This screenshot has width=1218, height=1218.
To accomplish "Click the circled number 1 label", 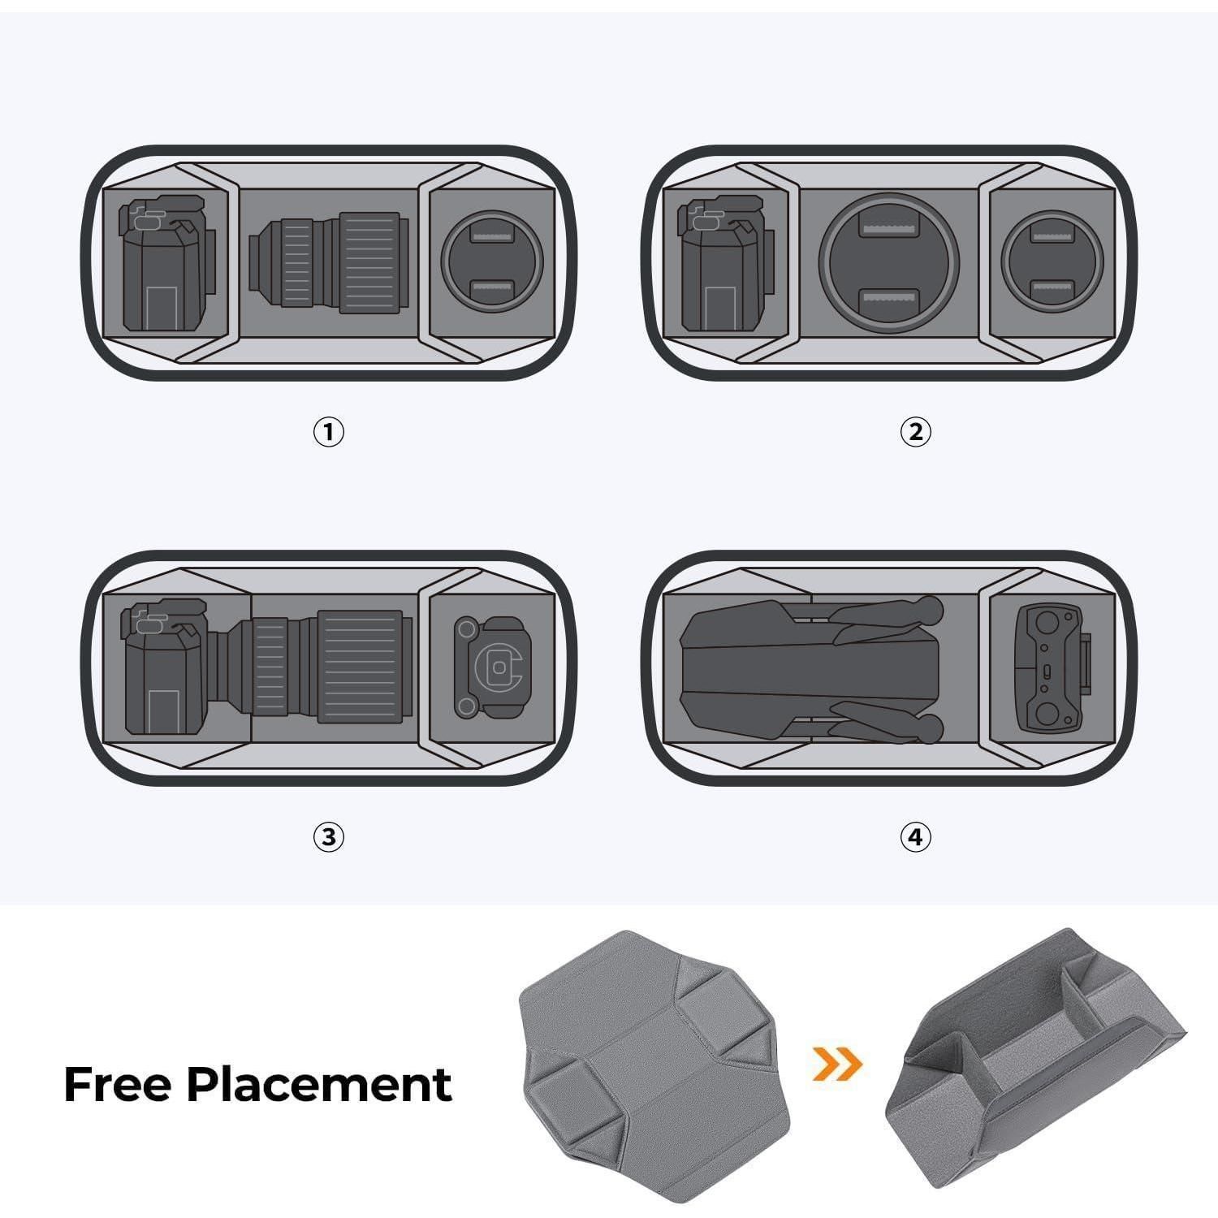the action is pyautogui.click(x=329, y=431).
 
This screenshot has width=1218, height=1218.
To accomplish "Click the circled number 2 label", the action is pyautogui.click(x=916, y=431).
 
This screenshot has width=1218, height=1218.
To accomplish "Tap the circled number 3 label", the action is pyautogui.click(x=329, y=836).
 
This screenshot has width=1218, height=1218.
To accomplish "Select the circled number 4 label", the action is pyautogui.click(x=916, y=836).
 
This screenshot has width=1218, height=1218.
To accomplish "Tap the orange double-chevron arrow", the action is pyautogui.click(x=837, y=1063).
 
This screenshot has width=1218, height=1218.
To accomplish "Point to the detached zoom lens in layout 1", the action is pyautogui.click(x=326, y=263).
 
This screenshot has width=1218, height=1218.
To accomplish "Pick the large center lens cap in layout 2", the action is pyautogui.click(x=889, y=262).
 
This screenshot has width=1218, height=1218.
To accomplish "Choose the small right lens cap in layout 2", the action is pyautogui.click(x=1052, y=261).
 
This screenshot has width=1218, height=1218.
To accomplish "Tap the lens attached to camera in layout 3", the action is pyautogui.click(x=312, y=667).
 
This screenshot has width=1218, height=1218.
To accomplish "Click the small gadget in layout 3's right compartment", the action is pyautogui.click(x=490, y=667).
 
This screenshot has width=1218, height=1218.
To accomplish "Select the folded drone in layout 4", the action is pyautogui.click(x=813, y=669).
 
